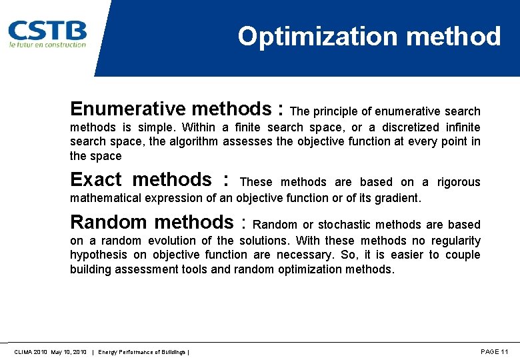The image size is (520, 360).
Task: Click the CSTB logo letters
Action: click(47, 30)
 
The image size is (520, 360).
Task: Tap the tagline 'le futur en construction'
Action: click(47, 45)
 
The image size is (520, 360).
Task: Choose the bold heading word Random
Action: click(109, 222)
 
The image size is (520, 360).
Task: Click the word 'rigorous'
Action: click(459, 182)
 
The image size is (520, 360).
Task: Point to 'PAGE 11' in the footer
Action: click(494, 351)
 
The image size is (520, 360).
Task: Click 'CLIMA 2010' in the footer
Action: click(29, 351)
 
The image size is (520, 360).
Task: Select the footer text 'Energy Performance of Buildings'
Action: click(143, 351)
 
